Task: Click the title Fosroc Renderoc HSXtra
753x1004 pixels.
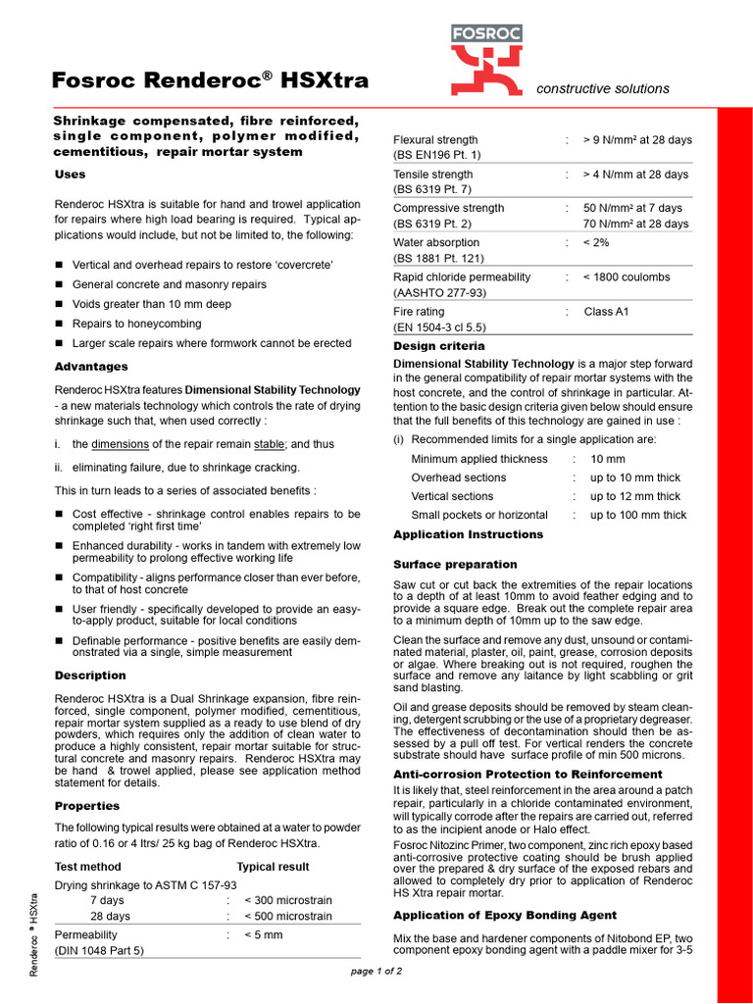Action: pos(210,80)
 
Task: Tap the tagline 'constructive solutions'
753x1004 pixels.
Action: pos(603,88)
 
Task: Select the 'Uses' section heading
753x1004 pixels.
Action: pos(70,175)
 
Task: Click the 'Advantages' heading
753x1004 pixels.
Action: pos(91,367)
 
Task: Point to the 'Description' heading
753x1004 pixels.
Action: pos(90,676)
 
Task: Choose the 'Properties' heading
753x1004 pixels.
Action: pos(87,806)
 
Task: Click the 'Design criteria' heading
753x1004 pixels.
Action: pos(438,346)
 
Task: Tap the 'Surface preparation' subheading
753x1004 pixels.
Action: pos(455,565)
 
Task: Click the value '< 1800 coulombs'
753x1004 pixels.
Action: pos(627,277)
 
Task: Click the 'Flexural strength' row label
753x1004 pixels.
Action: pos(435,140)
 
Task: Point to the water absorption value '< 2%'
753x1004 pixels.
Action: pos(596,242)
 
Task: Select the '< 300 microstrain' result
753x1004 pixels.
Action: pos(287,899)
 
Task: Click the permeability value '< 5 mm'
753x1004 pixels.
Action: pos(263,934)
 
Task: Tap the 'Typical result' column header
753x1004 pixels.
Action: pos(273,867)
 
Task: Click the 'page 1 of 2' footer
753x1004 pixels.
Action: pos(376,972)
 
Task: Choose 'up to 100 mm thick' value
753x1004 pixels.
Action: pos(638,515)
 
